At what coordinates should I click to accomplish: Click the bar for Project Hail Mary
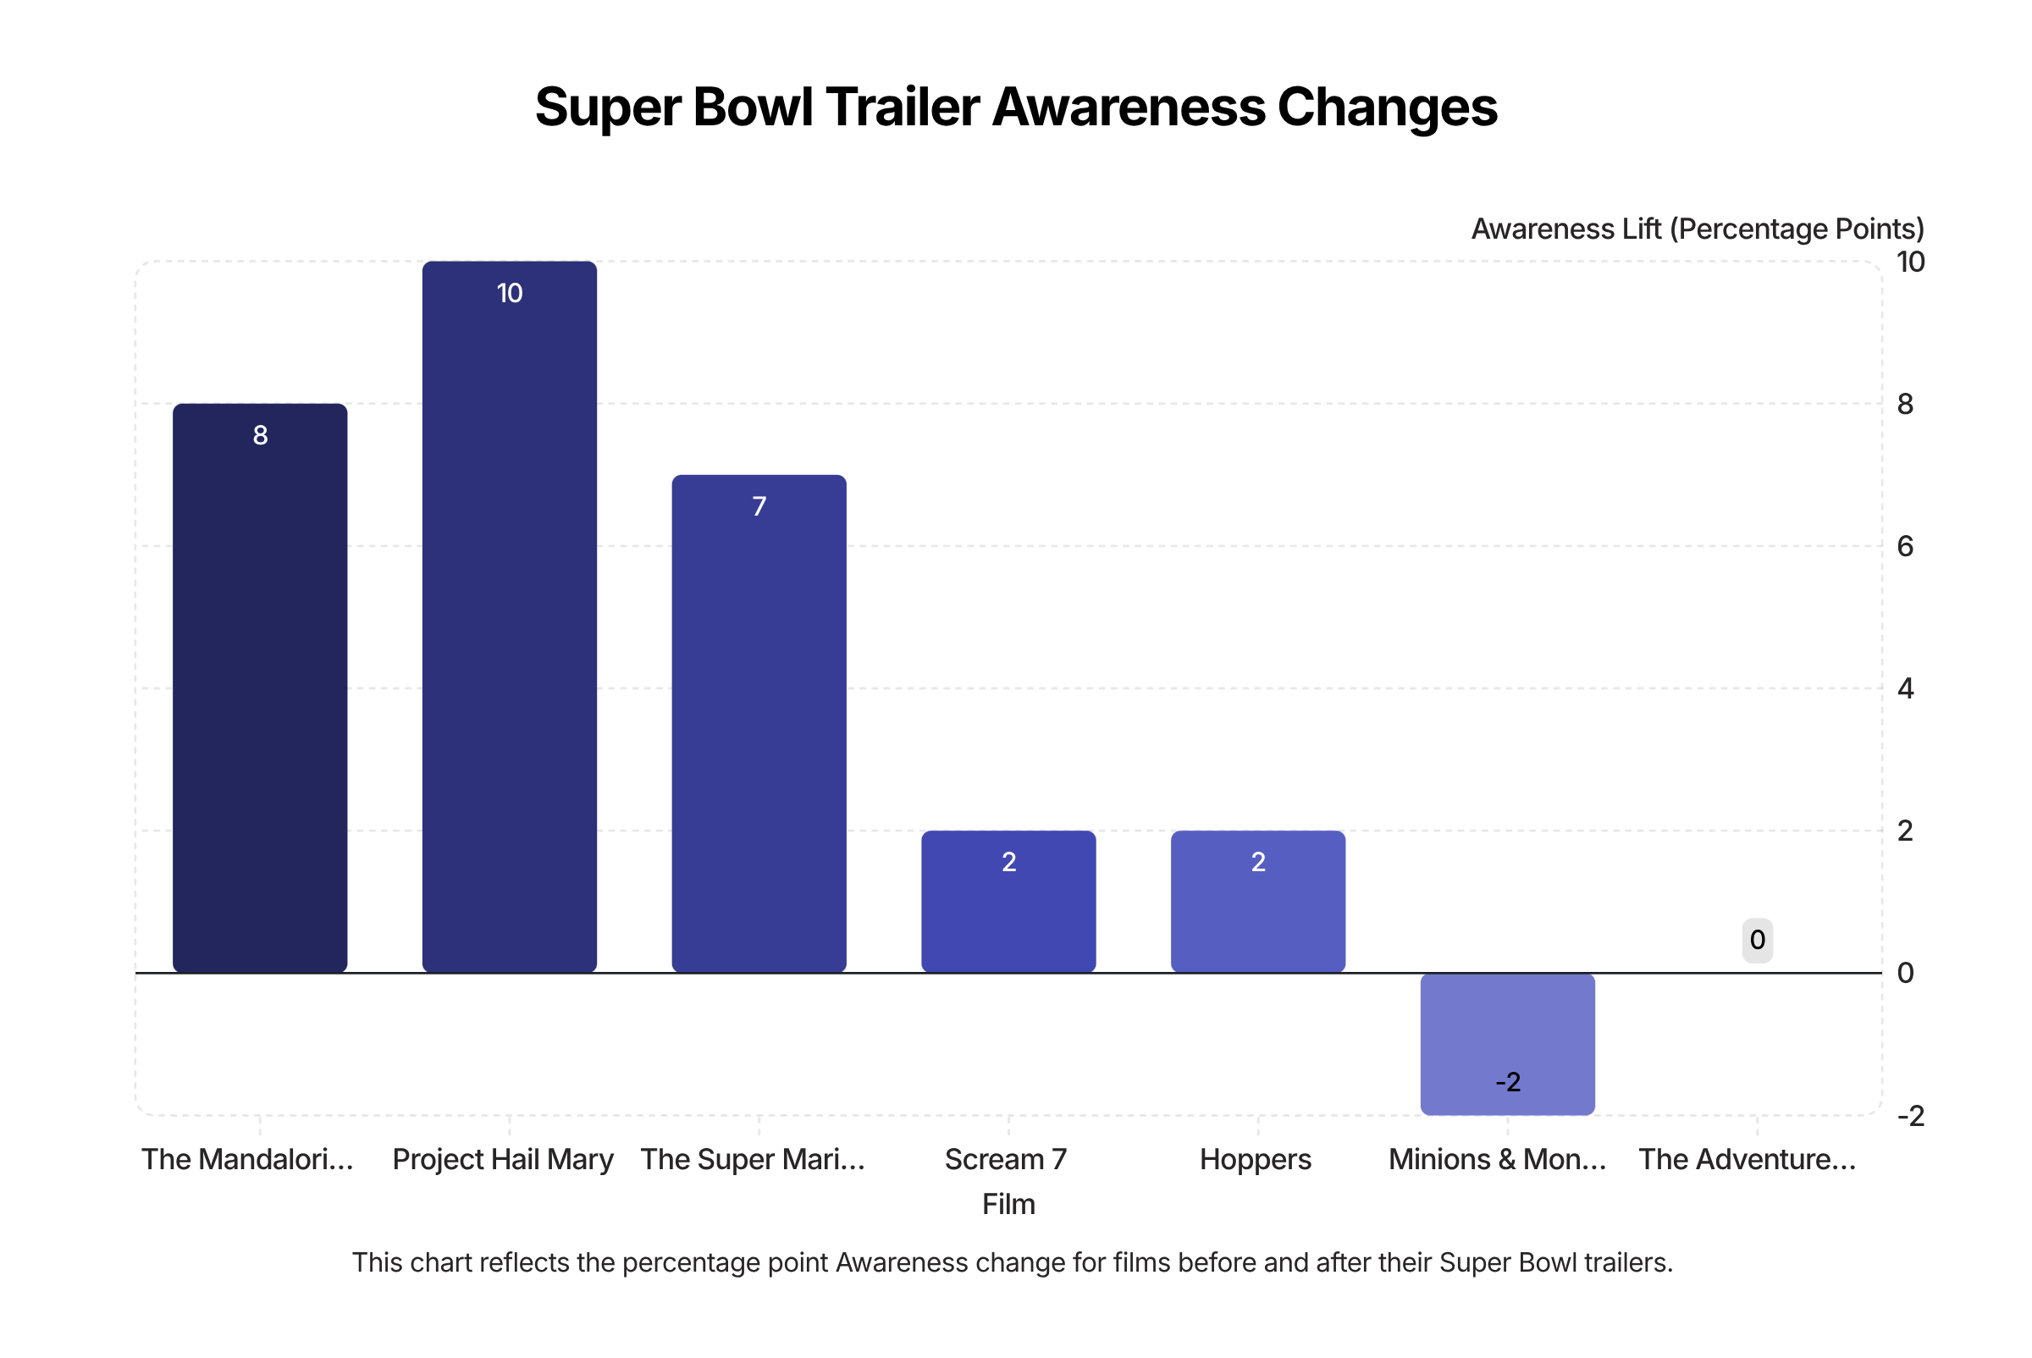[x=510, y=616]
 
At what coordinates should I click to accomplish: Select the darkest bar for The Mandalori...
[x=260, y=687]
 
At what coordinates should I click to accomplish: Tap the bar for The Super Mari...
[x=759, y=723]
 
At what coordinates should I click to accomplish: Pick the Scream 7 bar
[x=1008, y=902]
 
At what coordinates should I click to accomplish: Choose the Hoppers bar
[x=1257, y=902]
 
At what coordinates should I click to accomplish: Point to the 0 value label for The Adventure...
[x=1758, y=940]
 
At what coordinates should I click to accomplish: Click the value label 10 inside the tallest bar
[x=510, y=294]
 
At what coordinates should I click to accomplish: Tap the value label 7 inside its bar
[x=759, y=506]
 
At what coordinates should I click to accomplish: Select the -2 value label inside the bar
[x=1507, y=1082]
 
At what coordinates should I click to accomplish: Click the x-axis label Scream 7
[x=1006, y=1159]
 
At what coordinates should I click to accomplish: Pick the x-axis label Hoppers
[x=1255, y=1159]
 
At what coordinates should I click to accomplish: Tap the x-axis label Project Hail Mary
[x=502, y=1159]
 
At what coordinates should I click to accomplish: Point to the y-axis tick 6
[x=1905, y=546]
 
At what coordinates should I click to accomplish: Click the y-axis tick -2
[x=1910, y=1116]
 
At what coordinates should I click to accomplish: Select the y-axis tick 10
[x=1910, y=262]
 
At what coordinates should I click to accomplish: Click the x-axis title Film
[x=1008, y=1204]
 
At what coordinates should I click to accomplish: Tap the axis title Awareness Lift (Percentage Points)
[x=1697, y=229]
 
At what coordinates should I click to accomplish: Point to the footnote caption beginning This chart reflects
[x=1012, y=1261]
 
